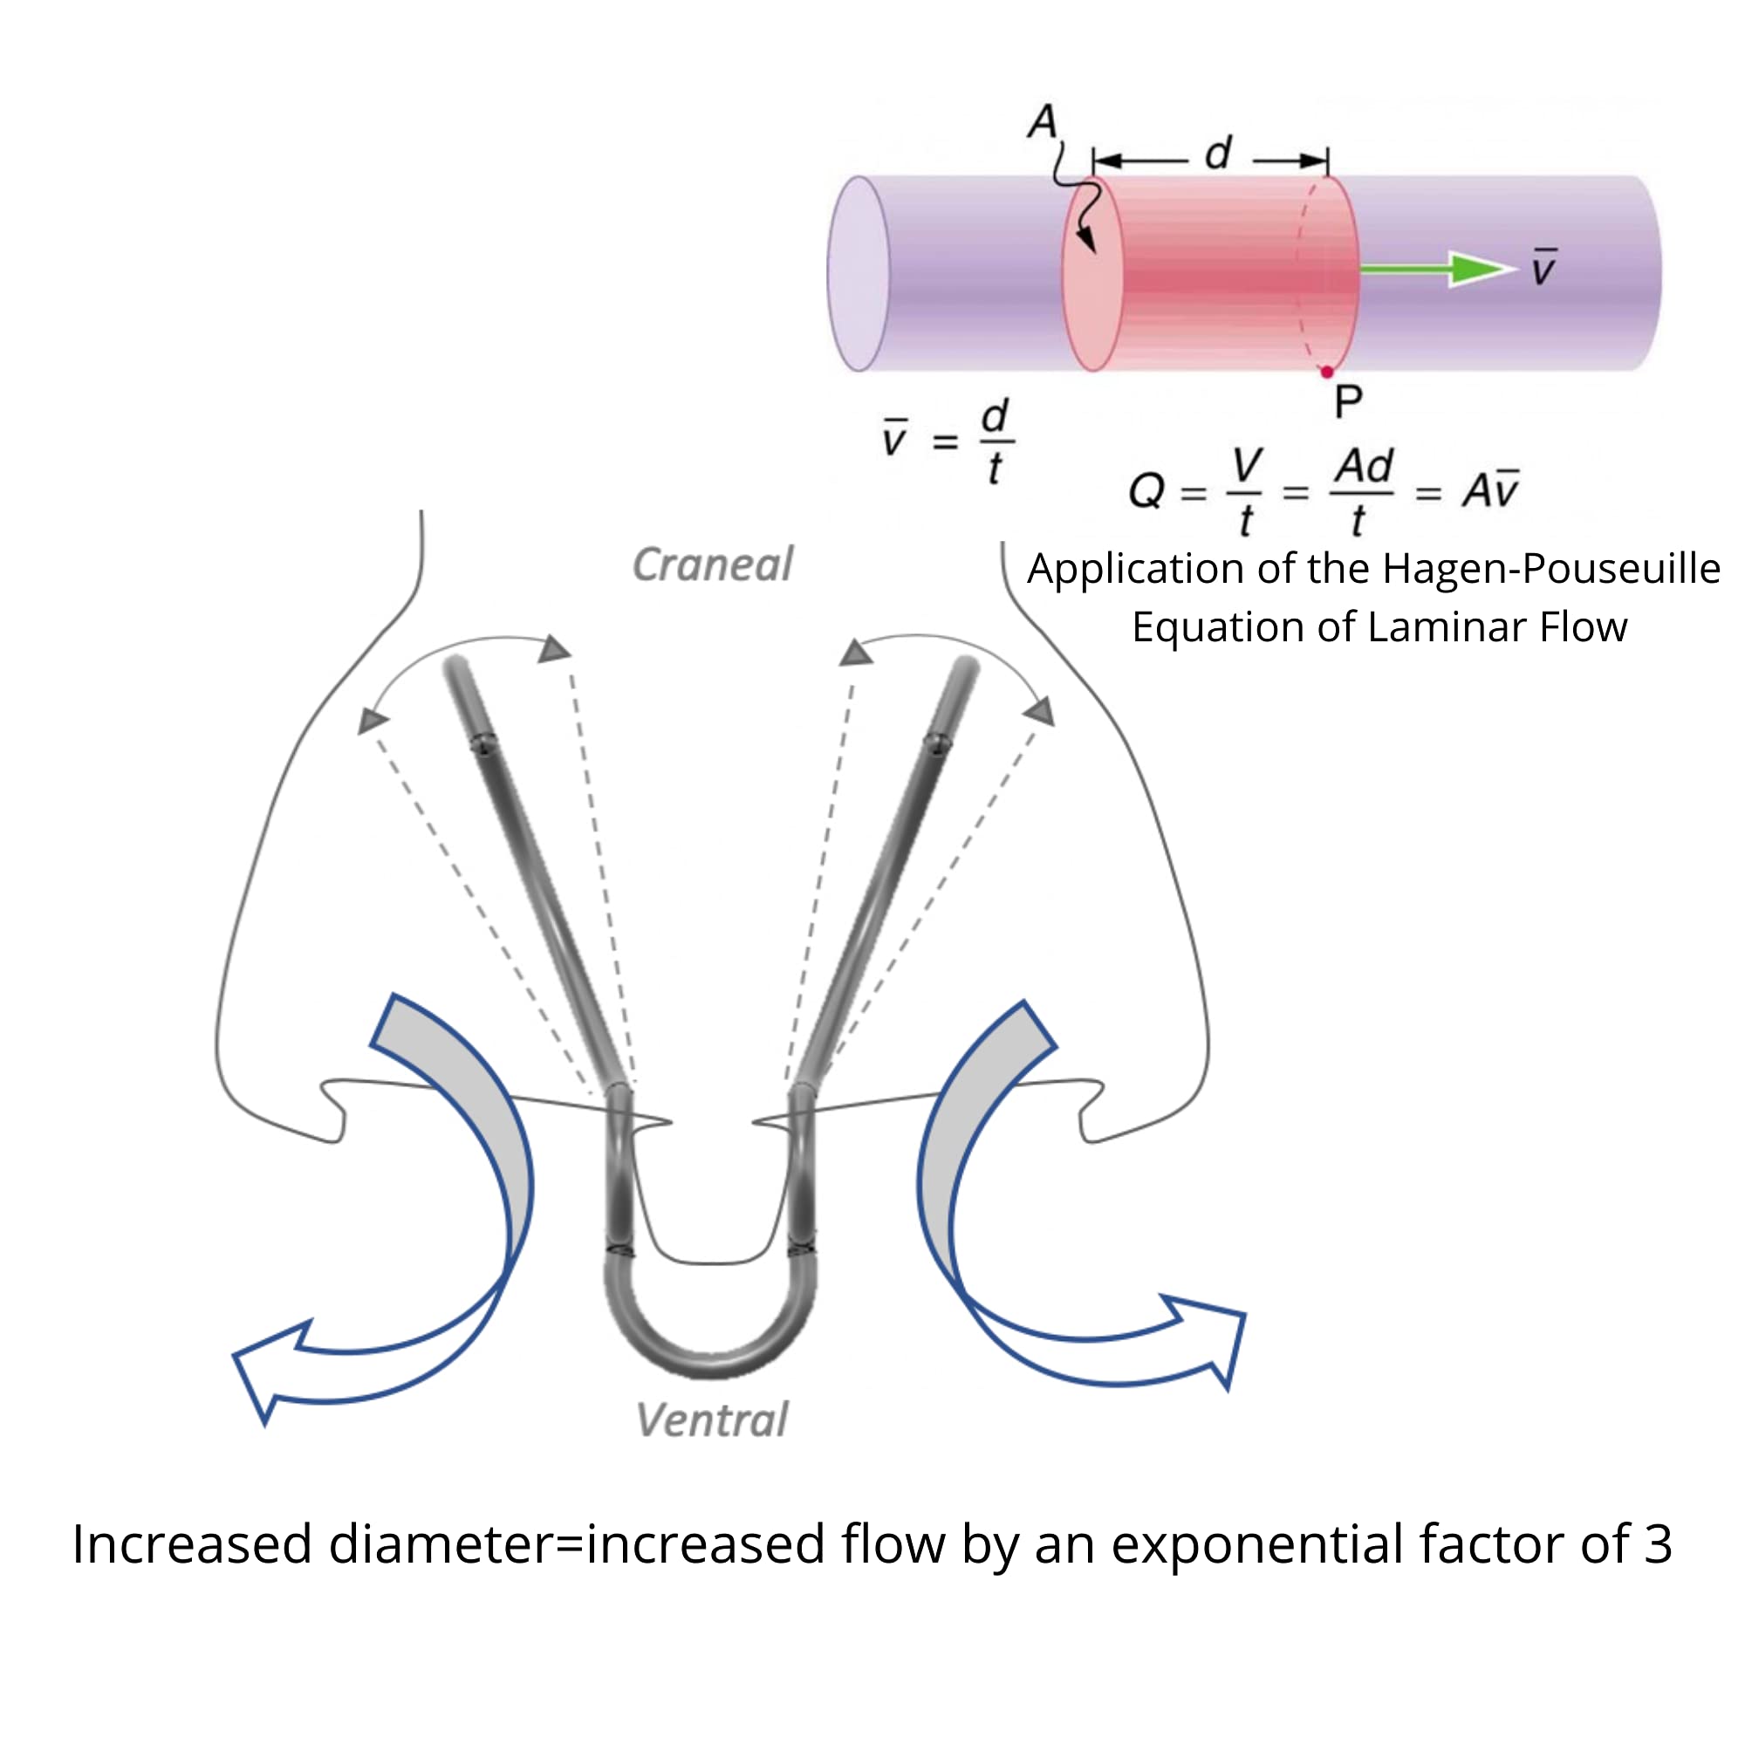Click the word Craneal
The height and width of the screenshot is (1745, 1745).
[712, 565]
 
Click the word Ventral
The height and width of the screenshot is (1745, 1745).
[712, 1420]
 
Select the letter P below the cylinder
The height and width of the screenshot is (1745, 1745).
[1348, 402]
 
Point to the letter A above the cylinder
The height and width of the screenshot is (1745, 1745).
[1043, 121]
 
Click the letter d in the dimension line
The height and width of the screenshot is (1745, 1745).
[1218, 154]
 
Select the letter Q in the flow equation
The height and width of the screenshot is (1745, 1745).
[1147, 491]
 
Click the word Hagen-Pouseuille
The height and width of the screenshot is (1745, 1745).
[1550, 569]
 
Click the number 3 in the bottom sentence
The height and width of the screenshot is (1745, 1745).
[1659, 1569]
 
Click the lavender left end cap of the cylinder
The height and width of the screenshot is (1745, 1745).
[859, 274]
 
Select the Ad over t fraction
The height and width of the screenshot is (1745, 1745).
[1362, 493]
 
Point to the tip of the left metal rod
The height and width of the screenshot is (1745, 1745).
[456, 667]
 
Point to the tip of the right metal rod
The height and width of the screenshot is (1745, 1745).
[967, 668]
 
